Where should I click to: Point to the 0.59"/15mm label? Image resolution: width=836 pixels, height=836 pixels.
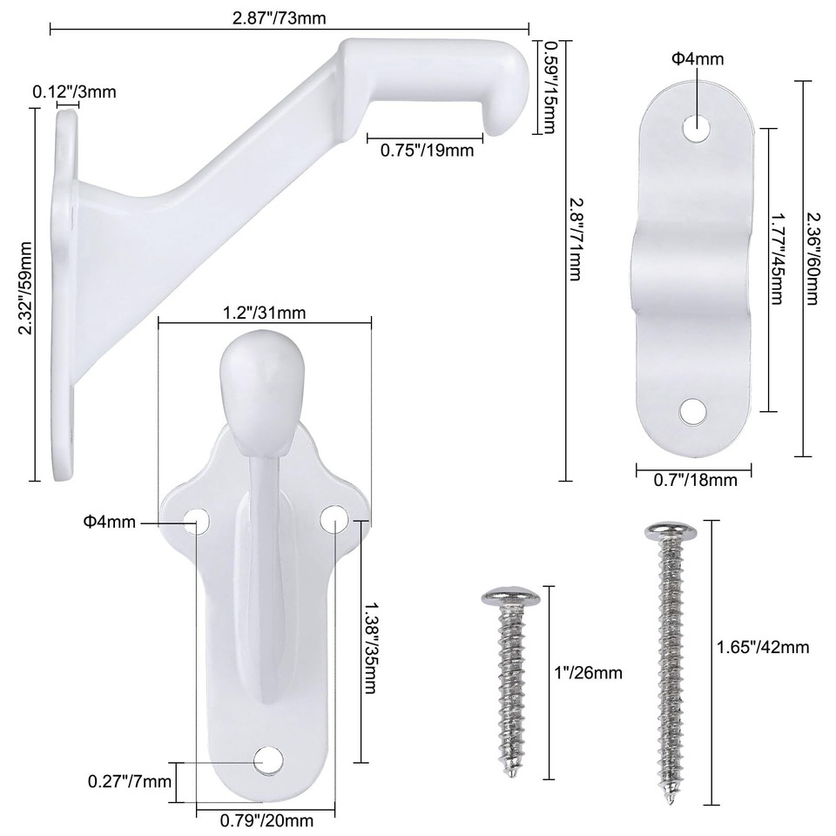coord(549,87)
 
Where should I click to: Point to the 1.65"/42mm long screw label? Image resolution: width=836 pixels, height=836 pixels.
coord(763,646)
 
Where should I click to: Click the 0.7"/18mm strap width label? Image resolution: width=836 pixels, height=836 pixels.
coord(696,479)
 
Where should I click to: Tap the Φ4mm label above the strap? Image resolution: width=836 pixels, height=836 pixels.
coord(697,59)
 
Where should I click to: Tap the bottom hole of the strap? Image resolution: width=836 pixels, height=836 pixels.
coord(694,408)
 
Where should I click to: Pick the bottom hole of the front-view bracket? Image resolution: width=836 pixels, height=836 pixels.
coord(267,758)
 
